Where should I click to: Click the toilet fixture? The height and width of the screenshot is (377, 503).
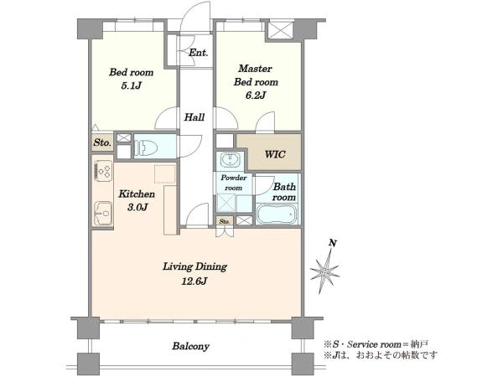pyautogui.click(x=147, y=147)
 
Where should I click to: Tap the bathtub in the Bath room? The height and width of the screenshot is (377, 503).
pyautogui.click(x=277, y=214)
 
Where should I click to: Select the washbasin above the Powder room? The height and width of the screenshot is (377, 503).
pyautogui.click(x=230, y=160)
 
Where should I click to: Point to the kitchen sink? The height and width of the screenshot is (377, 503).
pyautogui.click(x=103, y=213)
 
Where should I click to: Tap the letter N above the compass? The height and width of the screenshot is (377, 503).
pyautogui.click(x=334, y=244)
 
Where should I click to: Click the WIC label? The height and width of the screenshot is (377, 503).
pyautogui.click(x=275, y=154)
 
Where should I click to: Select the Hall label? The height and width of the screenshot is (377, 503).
pyautogui.click(x=194, y=117)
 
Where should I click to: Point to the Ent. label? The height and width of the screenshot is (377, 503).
pyautogui.click(x=198, y=53)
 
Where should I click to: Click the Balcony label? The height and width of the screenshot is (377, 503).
pyautogui.click(x=191, y=346)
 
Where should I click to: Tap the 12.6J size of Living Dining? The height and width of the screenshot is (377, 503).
pyautogui.click(x=194, y=281)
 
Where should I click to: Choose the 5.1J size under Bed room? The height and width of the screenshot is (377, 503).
pyautogui.click(x=132, y=86)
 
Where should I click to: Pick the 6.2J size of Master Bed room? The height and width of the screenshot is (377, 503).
pyautogui.click(x=256, y=96)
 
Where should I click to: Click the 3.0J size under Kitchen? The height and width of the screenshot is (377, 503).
pyautogui.click(x=137, y=208)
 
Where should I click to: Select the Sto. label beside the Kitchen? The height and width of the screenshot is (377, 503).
pyautogui.click(x=102, y=142)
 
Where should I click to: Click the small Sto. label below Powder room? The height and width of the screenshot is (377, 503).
pyautogui.click(x=225, y=221)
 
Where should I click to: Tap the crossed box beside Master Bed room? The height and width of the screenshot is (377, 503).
pyautogui.click(x=281, y=31)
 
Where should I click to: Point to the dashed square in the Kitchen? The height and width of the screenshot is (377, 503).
pyautogui.click(x=165, y=174)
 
